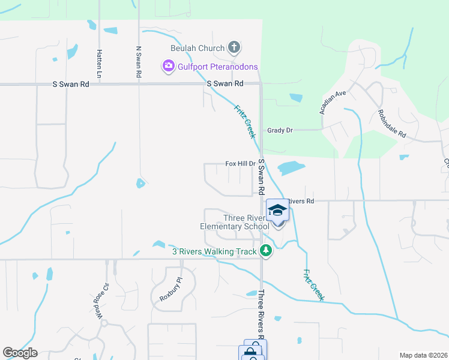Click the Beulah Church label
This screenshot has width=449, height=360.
(x=197, y=47)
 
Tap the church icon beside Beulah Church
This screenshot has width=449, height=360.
(x=234, y=47)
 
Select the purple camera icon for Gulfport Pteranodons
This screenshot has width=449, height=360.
(x=168, y=66)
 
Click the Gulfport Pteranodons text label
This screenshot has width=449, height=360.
(x=217, y=67)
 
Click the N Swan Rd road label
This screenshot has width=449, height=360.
(x=139, y=62)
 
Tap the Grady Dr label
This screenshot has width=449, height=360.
(x=280, y=130)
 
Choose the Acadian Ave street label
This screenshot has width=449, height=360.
(x=333, y=103)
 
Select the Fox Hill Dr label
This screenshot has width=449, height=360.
(x=240, y=163)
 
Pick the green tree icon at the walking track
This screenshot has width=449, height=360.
(x=265, y=251)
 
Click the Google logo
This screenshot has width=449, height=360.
(x=20, y=352)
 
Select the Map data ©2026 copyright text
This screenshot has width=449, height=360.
(x=423, y=355)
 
